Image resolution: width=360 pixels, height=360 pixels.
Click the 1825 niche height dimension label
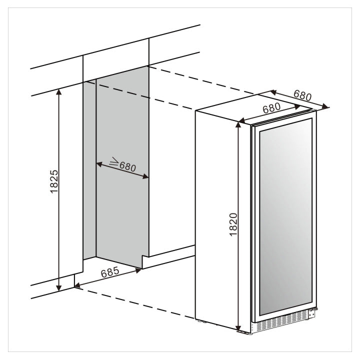tap(54, 181)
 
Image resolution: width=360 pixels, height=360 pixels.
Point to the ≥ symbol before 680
tap(113, 161)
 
